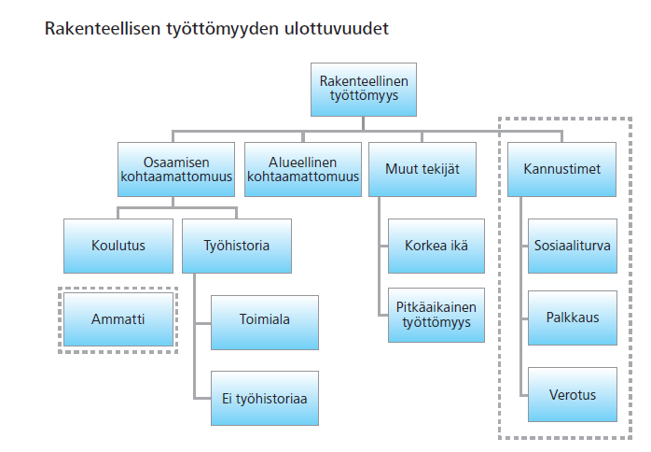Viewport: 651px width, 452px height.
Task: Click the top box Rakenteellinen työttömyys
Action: pyautogui.click(x=364, y=90)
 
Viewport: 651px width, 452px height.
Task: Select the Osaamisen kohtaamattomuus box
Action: pyautogui.click(x=176, y=169)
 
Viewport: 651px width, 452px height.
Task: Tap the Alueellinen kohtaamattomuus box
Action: pyautogui.click(x=303, y=169)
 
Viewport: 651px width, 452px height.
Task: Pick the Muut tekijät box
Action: pyautogui.click(x=422, y=169)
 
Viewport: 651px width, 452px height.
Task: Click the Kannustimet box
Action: pyautogui.click(x=561, y=169)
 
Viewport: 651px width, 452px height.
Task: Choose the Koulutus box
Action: pyautogui.click(x=118, y=246)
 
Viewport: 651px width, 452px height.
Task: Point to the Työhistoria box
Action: pyautogui.click(x=237, y=246)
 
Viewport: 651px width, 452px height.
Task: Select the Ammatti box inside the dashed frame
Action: pyautogui.click(x=118, y=319)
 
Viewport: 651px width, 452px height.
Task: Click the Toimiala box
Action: pyautogui.click(x=265, y=322)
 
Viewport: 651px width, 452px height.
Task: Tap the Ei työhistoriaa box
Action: pyautogui.click(x=265, y=398)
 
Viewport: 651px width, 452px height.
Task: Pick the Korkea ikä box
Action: pyautogui.click(x=436, y=246)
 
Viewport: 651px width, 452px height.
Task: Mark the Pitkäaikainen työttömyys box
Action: pyautogui.click(x=436, y=315)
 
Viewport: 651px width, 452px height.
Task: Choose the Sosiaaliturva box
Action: pyautogui.click(x=573, y=246)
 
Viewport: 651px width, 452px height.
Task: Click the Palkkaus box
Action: pyautogui.click(x=573, y=318)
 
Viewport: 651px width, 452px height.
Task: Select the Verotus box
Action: pyautogui.click(x=573, y=394)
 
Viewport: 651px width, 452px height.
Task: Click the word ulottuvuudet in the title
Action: pyautogui.click(x=337, y=28)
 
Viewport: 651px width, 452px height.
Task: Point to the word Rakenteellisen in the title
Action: pyautogui.click(x=103, y=28)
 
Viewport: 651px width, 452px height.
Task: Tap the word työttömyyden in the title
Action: pyautogui.click(x=223, y=29)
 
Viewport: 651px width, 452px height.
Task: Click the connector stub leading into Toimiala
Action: pyautogui.click(x=202, y=323)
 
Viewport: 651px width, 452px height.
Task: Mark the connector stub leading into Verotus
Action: pyautogui.click(x=524, y=395)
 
